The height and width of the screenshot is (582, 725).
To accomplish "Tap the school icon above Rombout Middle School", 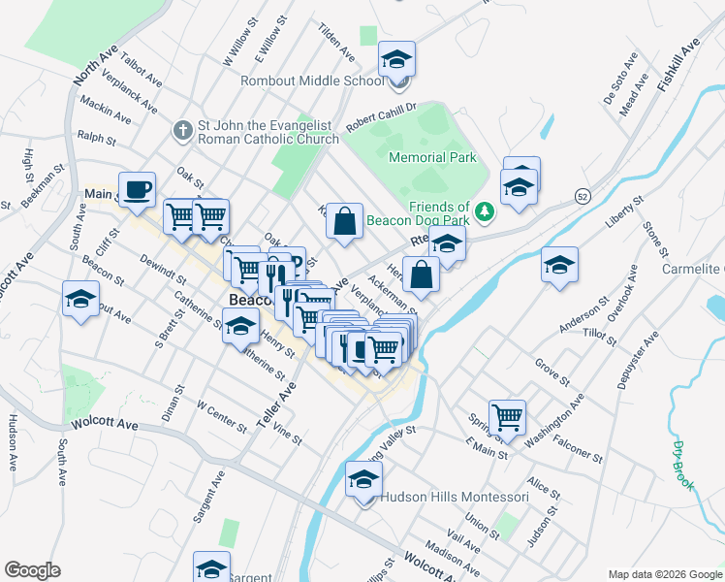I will tap(396, 60).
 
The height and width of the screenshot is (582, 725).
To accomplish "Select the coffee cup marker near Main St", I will tap(137, 190).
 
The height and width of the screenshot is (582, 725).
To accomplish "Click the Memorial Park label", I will tap(432, 157).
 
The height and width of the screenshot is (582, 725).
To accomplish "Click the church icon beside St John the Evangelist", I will tap(182, 129).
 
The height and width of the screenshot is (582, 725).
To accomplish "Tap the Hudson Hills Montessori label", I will tap(455, 497).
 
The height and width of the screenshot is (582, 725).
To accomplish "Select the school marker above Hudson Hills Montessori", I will tap(364, 480).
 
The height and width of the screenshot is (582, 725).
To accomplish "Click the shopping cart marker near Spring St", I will tap(507, 418).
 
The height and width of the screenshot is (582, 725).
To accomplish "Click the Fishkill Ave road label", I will tap(678, 67).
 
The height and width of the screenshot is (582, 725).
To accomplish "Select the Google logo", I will tap(32, 570).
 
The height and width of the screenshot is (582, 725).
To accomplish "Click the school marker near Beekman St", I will tap(80, 300).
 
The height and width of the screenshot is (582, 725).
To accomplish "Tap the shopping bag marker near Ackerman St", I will tap(421, 275).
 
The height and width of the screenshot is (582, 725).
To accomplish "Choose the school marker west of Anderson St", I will tap(560, 265).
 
